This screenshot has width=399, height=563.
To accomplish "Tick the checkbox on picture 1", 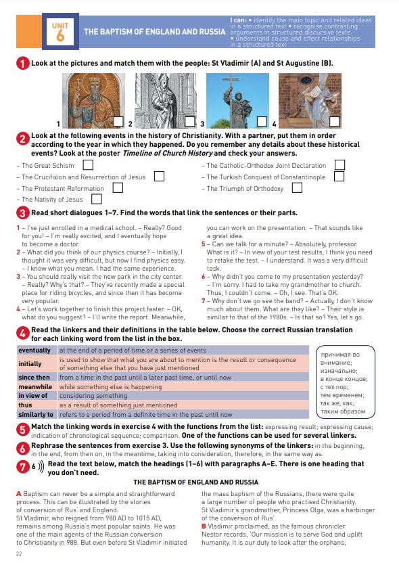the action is pyautogui.click(x=118, y=122).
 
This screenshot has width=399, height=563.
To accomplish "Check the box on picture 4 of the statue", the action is pyautogui.click(x=334, y=122).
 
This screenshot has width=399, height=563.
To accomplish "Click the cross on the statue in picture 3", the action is pyautogui.click(x=231, y=83).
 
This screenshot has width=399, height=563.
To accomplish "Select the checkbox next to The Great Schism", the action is pyautogui.click(x=88, y=165).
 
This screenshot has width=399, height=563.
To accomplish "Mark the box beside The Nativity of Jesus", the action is pyautogui.click(x=97, y=199).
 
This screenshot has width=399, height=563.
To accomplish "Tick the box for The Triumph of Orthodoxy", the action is pyautogui.click(x=297, y=188).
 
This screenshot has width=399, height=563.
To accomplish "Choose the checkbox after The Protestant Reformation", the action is pyautogui.click(x=118, y=188).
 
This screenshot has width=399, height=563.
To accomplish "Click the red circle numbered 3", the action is pyautogui.click(x=22, y=213).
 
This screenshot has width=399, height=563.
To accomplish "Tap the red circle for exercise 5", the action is pyautogui.click(x=22, y=430).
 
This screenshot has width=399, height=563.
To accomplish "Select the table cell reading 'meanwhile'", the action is pyautogui.click(x=35, y=386).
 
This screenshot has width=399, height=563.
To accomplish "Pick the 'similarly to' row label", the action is pyautogui.click(x=36, y=414).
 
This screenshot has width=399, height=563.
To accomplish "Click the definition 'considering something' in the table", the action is pyautogui.click(x=93, y=396).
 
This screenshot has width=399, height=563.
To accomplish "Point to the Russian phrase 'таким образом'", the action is pyautogui.click(x=343, y=411).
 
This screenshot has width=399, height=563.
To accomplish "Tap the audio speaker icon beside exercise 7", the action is pyautogui.click(x=41, y=466).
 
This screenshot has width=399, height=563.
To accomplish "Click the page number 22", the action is pyautogui.click(x=19, y=554).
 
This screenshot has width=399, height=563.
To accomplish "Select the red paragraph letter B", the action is pyautogui.click(x=204, y=526).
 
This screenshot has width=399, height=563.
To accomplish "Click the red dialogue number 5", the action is pyautogui.click(x=203, y=244).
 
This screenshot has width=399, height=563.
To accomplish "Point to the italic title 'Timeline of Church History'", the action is pyautogui.click(x=168, y=154).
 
